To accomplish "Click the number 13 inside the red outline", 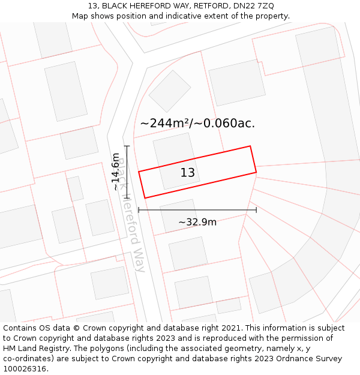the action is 188,173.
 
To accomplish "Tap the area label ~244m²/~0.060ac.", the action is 197,123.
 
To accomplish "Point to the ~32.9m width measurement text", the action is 197,222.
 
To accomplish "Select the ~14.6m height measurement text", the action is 116,172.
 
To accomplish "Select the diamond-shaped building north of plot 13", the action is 170,91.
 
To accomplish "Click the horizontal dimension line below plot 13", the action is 197,210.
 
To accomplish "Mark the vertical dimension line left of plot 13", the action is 127,172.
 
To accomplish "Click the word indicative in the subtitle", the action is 179,16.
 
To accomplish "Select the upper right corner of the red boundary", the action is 250,146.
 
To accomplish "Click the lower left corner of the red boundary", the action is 145,198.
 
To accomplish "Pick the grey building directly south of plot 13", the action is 179,214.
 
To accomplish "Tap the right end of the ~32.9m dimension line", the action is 256,210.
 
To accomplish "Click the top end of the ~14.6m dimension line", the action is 127,146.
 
